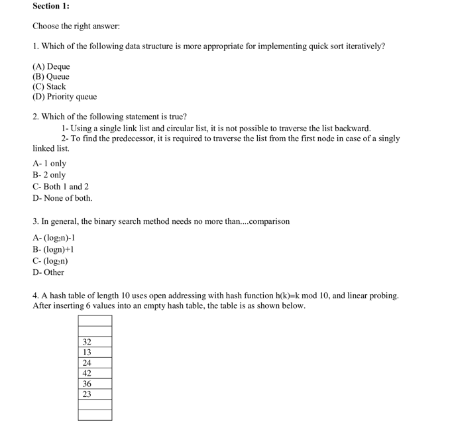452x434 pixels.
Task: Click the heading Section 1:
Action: coord(51,6)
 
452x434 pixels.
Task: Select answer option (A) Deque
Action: coord(51,66)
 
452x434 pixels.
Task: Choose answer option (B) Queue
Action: coord(51,76)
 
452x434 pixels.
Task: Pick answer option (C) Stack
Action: coord(50,86)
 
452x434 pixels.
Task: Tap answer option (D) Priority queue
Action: coord(64,97)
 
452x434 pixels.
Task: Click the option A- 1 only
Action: coord(50,164)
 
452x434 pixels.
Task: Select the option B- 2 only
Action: coord(50,175)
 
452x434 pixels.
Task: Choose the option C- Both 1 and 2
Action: coord(60,186)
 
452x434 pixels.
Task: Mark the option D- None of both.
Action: coord(62,198)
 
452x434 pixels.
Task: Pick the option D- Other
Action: coord(48,272)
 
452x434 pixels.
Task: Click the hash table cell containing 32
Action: coord(95,342)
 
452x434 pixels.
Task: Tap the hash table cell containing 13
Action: coord(95,353)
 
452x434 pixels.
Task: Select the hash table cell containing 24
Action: coord(95,363)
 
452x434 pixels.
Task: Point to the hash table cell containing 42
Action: coord(95,373)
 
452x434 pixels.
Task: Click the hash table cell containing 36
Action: coord(95,384)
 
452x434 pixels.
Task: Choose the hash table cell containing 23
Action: coord(95,394)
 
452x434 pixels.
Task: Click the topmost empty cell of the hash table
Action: coord(95,321)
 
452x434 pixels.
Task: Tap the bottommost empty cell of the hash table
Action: coord(95,415)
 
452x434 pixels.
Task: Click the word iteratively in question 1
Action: coord(363,46)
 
